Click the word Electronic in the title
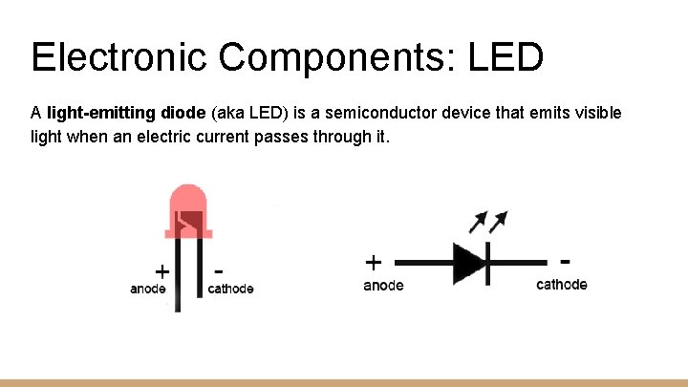coord(118,57)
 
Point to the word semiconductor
coord(386,113)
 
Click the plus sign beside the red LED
coord(162,269)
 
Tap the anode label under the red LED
coord(148,289)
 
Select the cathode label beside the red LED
coord(230,289)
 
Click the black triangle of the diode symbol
coord(469,262)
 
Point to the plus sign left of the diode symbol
coord(374,260)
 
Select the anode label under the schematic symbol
coord(383,285)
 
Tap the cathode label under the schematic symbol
coord(562,284)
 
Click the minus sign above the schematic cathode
coord(566,259)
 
